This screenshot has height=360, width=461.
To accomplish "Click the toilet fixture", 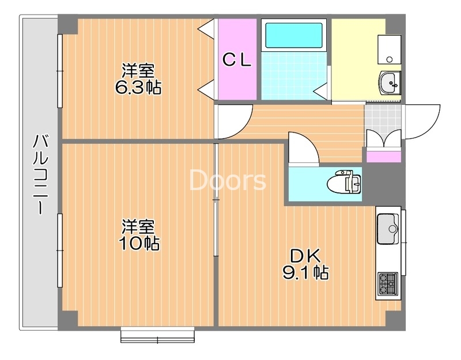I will click(x=344, y=183).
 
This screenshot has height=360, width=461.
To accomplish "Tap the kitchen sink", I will click(x=388, y=224).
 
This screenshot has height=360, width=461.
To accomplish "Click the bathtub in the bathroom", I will click(x=293, y=36).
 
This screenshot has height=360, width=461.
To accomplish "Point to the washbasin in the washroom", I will click(x=391, y=84).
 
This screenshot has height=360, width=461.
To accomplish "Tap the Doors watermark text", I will click(x=228, y=181).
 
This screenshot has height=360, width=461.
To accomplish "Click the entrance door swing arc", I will click(x=424, y=121).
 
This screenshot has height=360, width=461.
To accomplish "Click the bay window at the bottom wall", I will click(x=157, y=335).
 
